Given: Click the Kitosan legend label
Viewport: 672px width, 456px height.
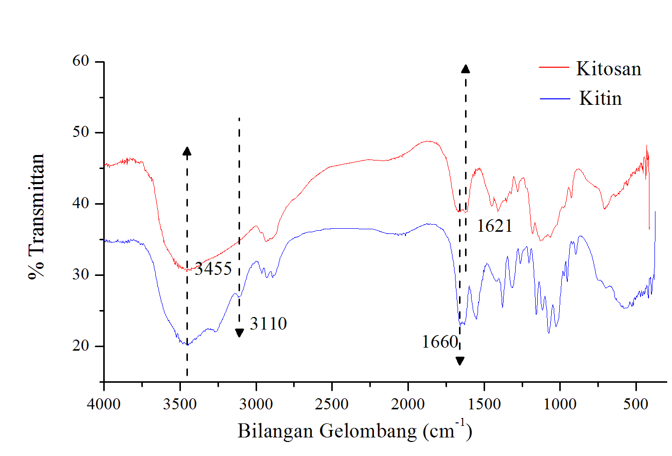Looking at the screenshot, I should click(608, 69).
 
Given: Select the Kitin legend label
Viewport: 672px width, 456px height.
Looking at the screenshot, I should click(600, 98).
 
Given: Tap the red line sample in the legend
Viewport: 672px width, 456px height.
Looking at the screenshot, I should click(554, 67).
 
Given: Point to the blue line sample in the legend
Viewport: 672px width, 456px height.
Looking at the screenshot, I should click(555, 99).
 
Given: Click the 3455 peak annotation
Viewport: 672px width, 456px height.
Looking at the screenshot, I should click(213, 269).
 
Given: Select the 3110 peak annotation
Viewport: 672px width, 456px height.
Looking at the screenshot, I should click(268, 324).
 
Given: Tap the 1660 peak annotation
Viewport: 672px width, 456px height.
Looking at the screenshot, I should click(439, 342).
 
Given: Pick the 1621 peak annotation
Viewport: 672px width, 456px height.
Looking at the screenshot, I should click(495, 226).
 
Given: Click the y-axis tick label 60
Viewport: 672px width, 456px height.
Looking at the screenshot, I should click(81, 61).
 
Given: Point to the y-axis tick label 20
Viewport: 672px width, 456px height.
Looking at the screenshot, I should click(81, 346).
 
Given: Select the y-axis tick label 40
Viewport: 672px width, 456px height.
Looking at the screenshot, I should click(81, 204).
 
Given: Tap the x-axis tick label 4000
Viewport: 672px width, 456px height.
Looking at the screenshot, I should click(104, 404).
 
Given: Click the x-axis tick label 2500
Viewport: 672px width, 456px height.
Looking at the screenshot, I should click(332, 404).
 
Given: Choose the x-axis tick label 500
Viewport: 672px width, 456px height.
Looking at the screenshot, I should click(636, 404).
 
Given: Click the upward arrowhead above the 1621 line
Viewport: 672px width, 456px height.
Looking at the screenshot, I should click(466, 69).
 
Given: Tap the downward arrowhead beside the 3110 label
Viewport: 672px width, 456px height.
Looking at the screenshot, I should click(239, 333).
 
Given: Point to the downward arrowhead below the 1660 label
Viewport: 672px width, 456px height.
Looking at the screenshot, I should click(460, 361).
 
